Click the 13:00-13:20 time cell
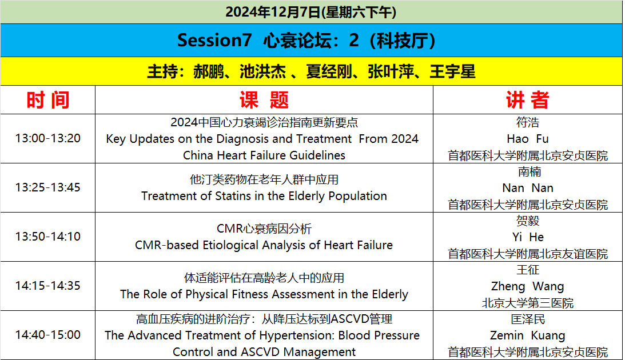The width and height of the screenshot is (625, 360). point(48,139)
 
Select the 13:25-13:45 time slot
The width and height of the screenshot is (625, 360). point(48,187)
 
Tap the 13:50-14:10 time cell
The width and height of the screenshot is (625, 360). point(48,237)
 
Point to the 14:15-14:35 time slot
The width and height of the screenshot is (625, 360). point(48,286)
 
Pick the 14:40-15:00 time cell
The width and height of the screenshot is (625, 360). point(48,335)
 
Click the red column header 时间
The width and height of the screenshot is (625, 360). point(48,100)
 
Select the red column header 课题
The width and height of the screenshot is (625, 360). point(264,100)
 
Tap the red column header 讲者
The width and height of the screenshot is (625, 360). point(528,100)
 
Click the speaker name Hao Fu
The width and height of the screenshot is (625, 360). point(528,139)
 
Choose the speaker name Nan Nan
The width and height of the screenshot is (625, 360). point(528,187)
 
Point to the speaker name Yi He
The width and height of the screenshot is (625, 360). point(528,237)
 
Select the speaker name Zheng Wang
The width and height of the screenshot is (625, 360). point(528,286)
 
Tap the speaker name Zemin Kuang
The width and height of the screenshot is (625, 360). point(528,335)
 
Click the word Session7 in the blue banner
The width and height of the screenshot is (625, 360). point(214,40)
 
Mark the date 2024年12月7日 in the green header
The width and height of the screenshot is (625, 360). point(273,12)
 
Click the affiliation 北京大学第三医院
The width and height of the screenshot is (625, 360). point(528,303)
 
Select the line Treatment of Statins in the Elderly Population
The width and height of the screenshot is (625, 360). point(264,196)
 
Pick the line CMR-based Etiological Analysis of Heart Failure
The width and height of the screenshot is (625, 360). point(264,245)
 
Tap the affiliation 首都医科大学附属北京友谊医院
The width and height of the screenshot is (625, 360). point(528,254)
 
